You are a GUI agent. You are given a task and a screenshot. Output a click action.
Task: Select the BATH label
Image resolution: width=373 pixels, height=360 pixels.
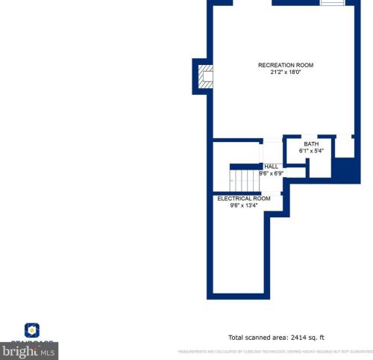(311, 144)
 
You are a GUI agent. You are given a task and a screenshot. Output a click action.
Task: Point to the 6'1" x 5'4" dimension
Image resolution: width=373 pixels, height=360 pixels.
(311, 151)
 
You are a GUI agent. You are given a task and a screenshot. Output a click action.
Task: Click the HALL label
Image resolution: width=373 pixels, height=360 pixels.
(272, 166)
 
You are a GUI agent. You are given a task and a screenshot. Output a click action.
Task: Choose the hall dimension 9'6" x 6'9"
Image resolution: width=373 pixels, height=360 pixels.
(272, 173)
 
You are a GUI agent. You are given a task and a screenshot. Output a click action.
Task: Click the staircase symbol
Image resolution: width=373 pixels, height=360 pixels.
(242, 179)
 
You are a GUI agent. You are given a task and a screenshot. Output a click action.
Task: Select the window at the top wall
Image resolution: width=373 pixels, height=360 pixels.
(333, 3)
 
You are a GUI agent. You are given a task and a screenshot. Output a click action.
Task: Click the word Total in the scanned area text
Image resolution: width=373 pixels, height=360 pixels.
(236, 338)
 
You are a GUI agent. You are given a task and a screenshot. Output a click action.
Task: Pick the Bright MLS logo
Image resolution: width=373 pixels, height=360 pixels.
(29, 350)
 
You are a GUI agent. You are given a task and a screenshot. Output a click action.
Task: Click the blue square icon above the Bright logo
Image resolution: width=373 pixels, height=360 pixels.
(32, 329)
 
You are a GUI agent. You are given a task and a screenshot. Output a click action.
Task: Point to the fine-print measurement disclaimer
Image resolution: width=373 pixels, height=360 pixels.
(274, 351)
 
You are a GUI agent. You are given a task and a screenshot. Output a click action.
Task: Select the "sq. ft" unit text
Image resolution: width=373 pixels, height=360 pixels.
(315, 338)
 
